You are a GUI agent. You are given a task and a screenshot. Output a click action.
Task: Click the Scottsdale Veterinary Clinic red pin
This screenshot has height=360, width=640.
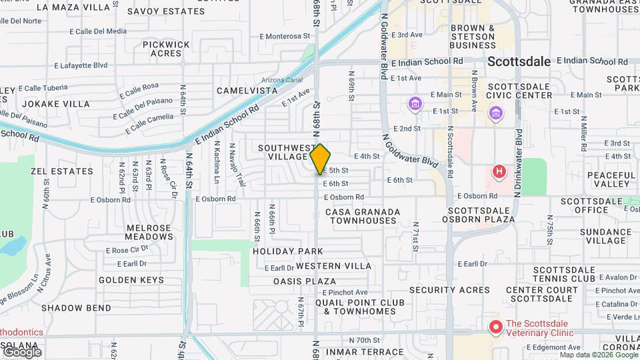pos(496,327)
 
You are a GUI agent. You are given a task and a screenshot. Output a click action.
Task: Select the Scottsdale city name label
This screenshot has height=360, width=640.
pos(519,61)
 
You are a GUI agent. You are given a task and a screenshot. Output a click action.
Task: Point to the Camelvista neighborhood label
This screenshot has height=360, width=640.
pos(247,90)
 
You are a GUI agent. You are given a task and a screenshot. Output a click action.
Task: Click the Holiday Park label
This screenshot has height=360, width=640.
pos(288,251)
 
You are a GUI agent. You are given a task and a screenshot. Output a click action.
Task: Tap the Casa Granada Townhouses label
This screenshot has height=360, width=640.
pos(363,216)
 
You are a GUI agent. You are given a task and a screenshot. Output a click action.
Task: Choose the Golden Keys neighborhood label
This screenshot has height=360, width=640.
pos(131,280)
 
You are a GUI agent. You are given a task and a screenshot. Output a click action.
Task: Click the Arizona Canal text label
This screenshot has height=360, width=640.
pos(285,81)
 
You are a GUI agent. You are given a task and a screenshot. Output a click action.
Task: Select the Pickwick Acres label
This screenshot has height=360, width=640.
pos(166,49)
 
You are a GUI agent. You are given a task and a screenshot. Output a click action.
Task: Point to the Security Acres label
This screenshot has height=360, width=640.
pos(449,290)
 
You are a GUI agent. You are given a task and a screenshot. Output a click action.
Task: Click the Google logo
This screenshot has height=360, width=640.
pos(21,351)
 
